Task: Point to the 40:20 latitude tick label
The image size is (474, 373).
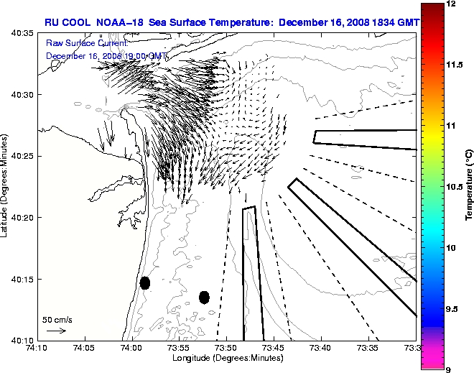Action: pos(23,218)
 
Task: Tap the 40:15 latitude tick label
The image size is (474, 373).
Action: pos(23,279)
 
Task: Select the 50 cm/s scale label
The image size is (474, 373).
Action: pos(57,319)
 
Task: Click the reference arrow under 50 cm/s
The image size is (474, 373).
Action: pos(57,331)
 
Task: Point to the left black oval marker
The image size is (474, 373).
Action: pos(145,282)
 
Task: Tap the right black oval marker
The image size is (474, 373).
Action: pos(204,297)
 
